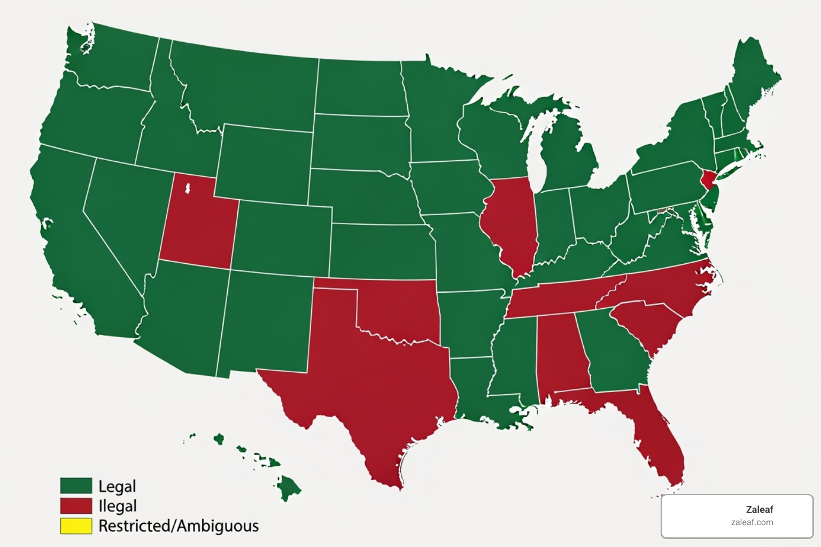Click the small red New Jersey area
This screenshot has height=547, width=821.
[709, 179]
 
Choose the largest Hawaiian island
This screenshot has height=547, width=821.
[289, 487]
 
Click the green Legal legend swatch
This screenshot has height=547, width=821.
[76, 486]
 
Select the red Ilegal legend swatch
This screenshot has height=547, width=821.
[76, 505]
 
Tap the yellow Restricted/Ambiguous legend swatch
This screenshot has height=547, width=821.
[76, 526]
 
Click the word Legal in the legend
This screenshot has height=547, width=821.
[117, 486]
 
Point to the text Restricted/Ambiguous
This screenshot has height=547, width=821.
[179, 526]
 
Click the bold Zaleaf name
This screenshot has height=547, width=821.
[759, 510]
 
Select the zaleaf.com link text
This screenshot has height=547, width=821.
[752, 522]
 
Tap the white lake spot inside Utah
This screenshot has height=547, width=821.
[188, 189]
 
